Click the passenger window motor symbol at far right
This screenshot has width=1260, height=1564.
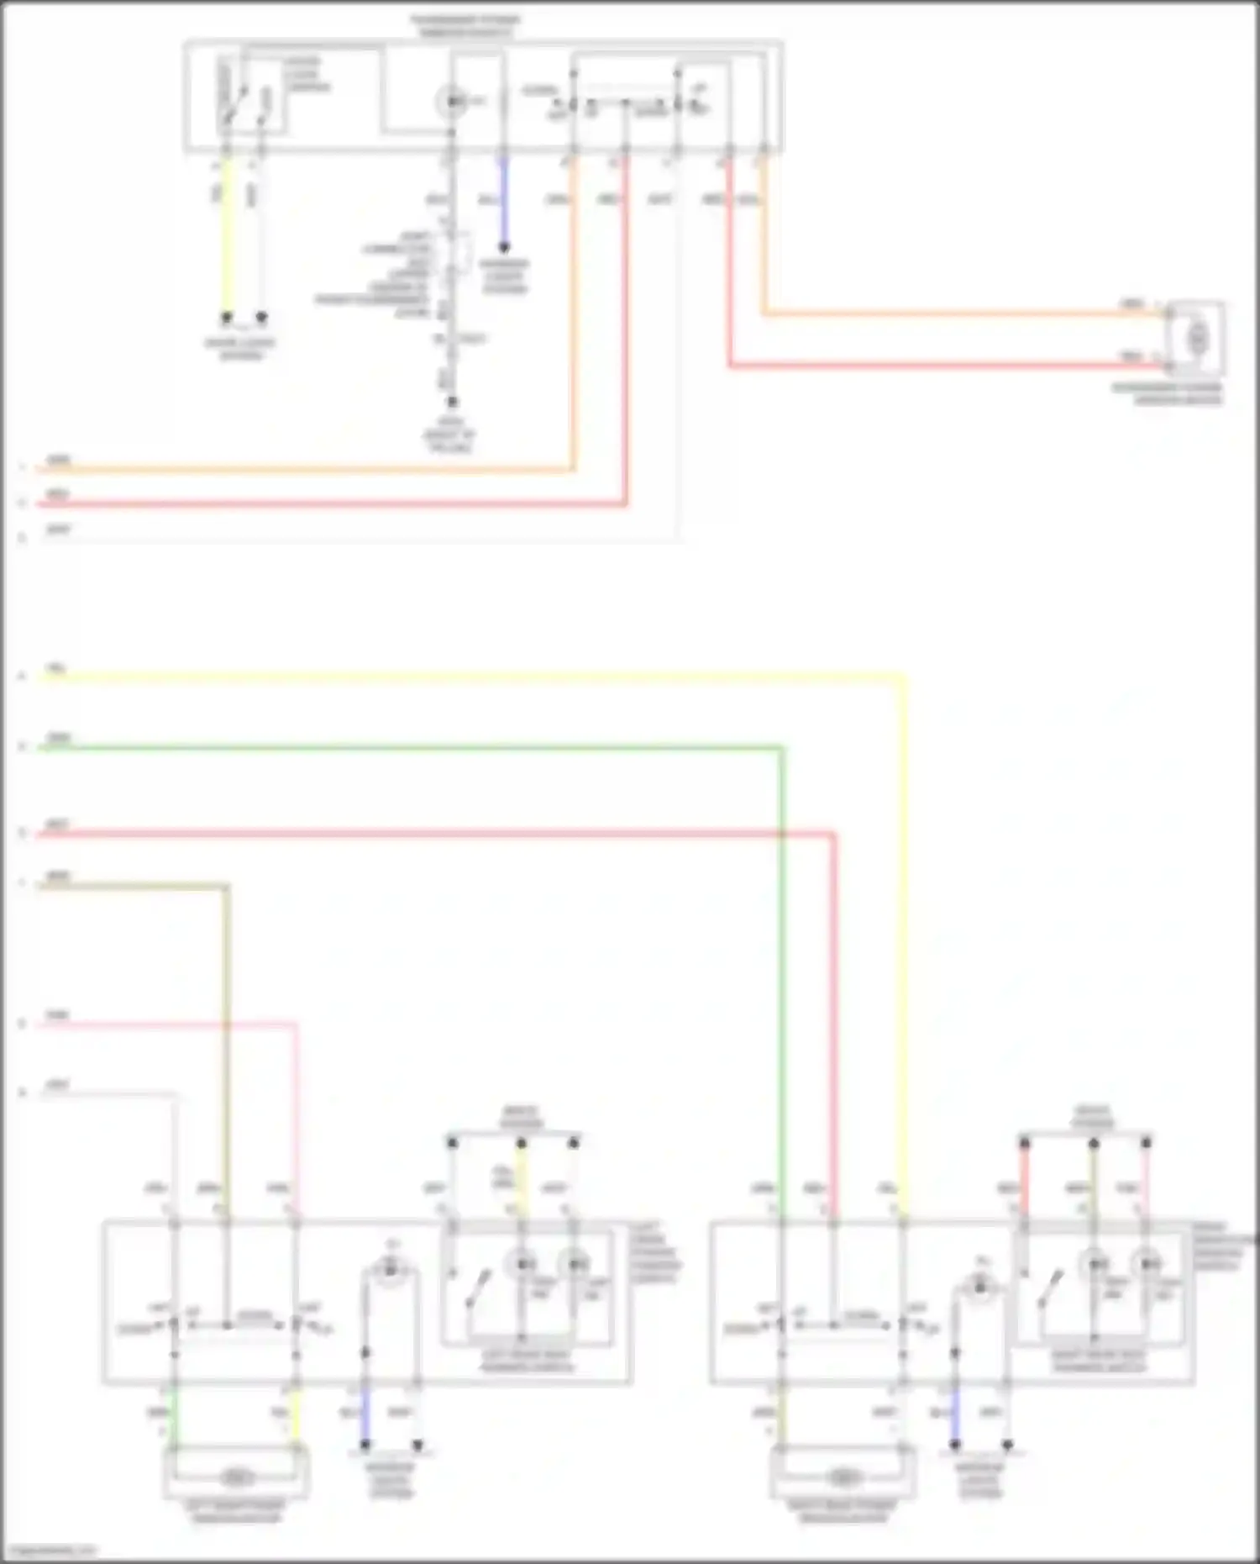tap(1197, 339)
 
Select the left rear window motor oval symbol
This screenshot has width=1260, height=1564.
tap(237, 1477)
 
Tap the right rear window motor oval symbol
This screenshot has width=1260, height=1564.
tap(842, 1477)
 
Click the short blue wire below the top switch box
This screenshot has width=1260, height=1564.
tap(504, 202)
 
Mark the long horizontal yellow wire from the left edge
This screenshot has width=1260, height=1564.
tap(462, 675)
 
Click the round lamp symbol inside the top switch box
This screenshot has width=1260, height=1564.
tap(453, 102)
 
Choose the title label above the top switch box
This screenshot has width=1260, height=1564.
tap(465, 25)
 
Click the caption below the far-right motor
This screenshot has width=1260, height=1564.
tap(1168, 394)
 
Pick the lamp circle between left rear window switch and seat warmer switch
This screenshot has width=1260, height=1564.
tap(390, 1272)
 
